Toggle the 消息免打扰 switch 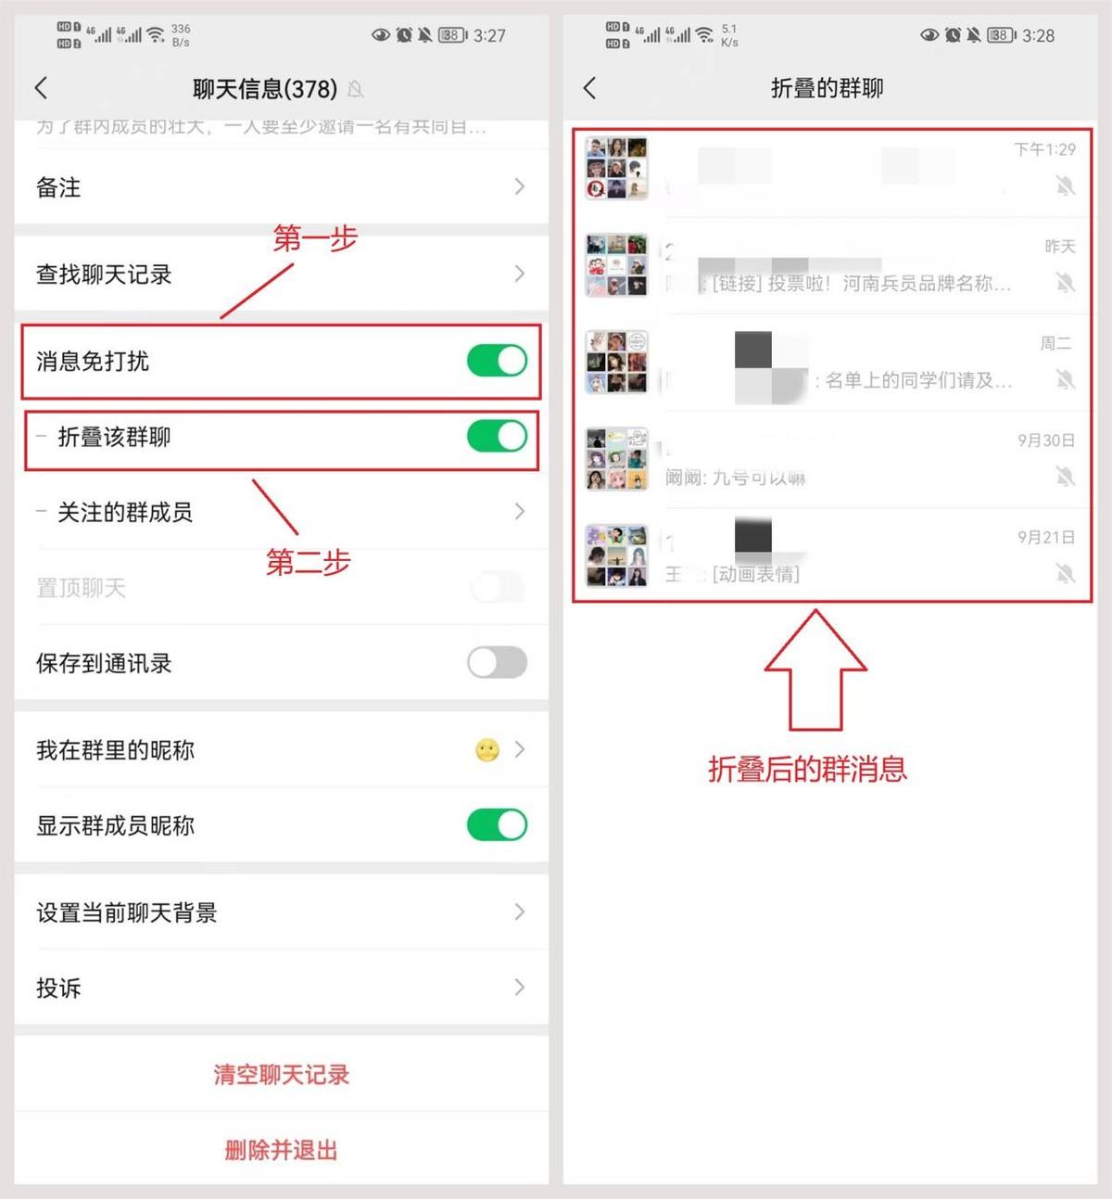point(497,361)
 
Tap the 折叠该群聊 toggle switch point(497,437)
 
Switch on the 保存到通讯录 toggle point(497,663)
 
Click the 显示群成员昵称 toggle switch point(497,824)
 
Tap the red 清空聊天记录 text point(281,1075)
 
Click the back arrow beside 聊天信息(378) point(41,88)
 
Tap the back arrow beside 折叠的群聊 point(589,88)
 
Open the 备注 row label point(58,187)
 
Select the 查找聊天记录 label point(104,274)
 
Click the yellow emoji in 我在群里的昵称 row point(487,749)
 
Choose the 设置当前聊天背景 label point(126,912)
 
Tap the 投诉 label point(58,988)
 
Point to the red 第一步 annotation point(315,238)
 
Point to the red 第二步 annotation point(308,562)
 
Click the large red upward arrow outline point(815,668)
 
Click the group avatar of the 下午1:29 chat point(616,168)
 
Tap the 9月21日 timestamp point(1045,537)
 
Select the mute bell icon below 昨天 point(1065,283)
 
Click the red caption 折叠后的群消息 point(807,769)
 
